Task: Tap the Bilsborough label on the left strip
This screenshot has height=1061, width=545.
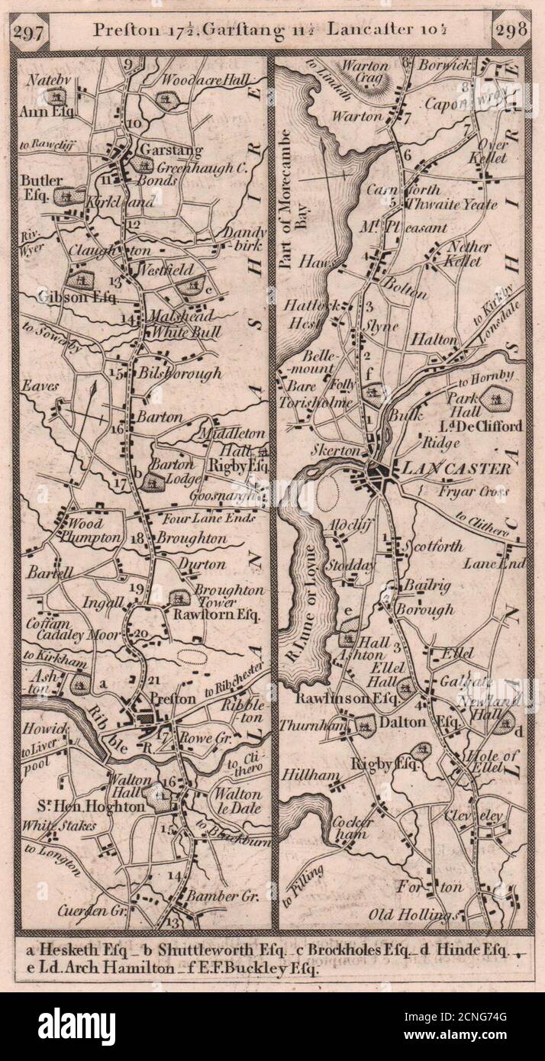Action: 180,373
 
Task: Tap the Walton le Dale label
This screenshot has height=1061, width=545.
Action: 237,801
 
